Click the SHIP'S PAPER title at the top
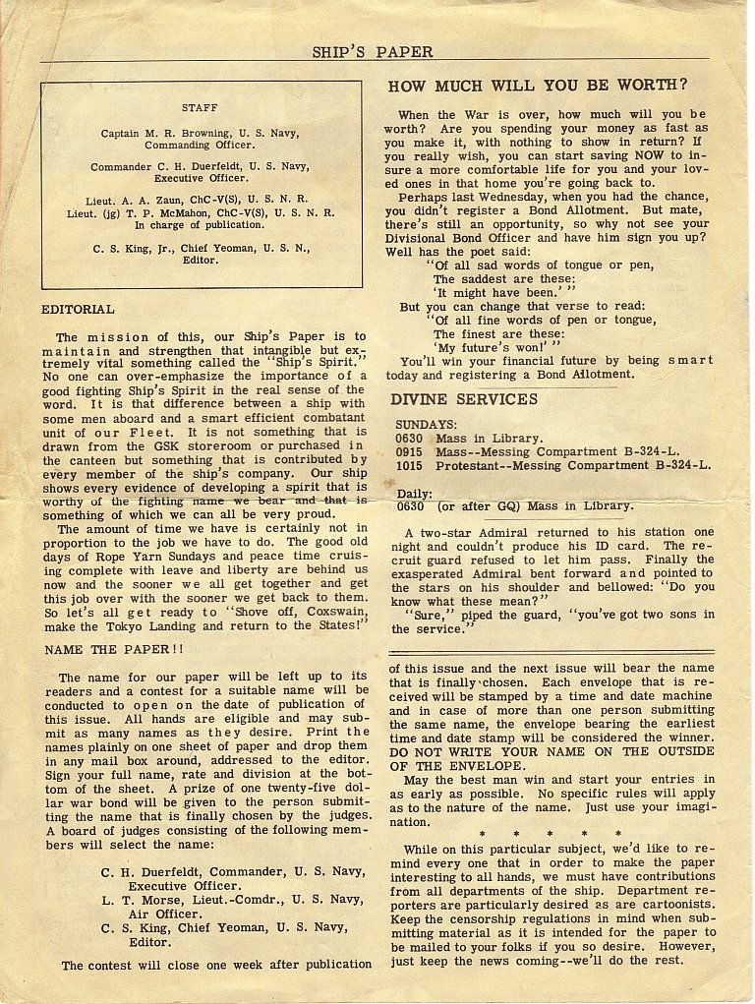pos(373,51)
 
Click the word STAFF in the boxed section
pos(200,107)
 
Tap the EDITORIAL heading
pos(78,309)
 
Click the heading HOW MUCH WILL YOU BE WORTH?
pos(538,86)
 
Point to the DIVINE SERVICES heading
pos(464,399)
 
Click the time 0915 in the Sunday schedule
pos(410,451)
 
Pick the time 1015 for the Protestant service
pos(410,465)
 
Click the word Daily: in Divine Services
pos(414,493)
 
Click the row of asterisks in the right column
pos(549,834)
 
